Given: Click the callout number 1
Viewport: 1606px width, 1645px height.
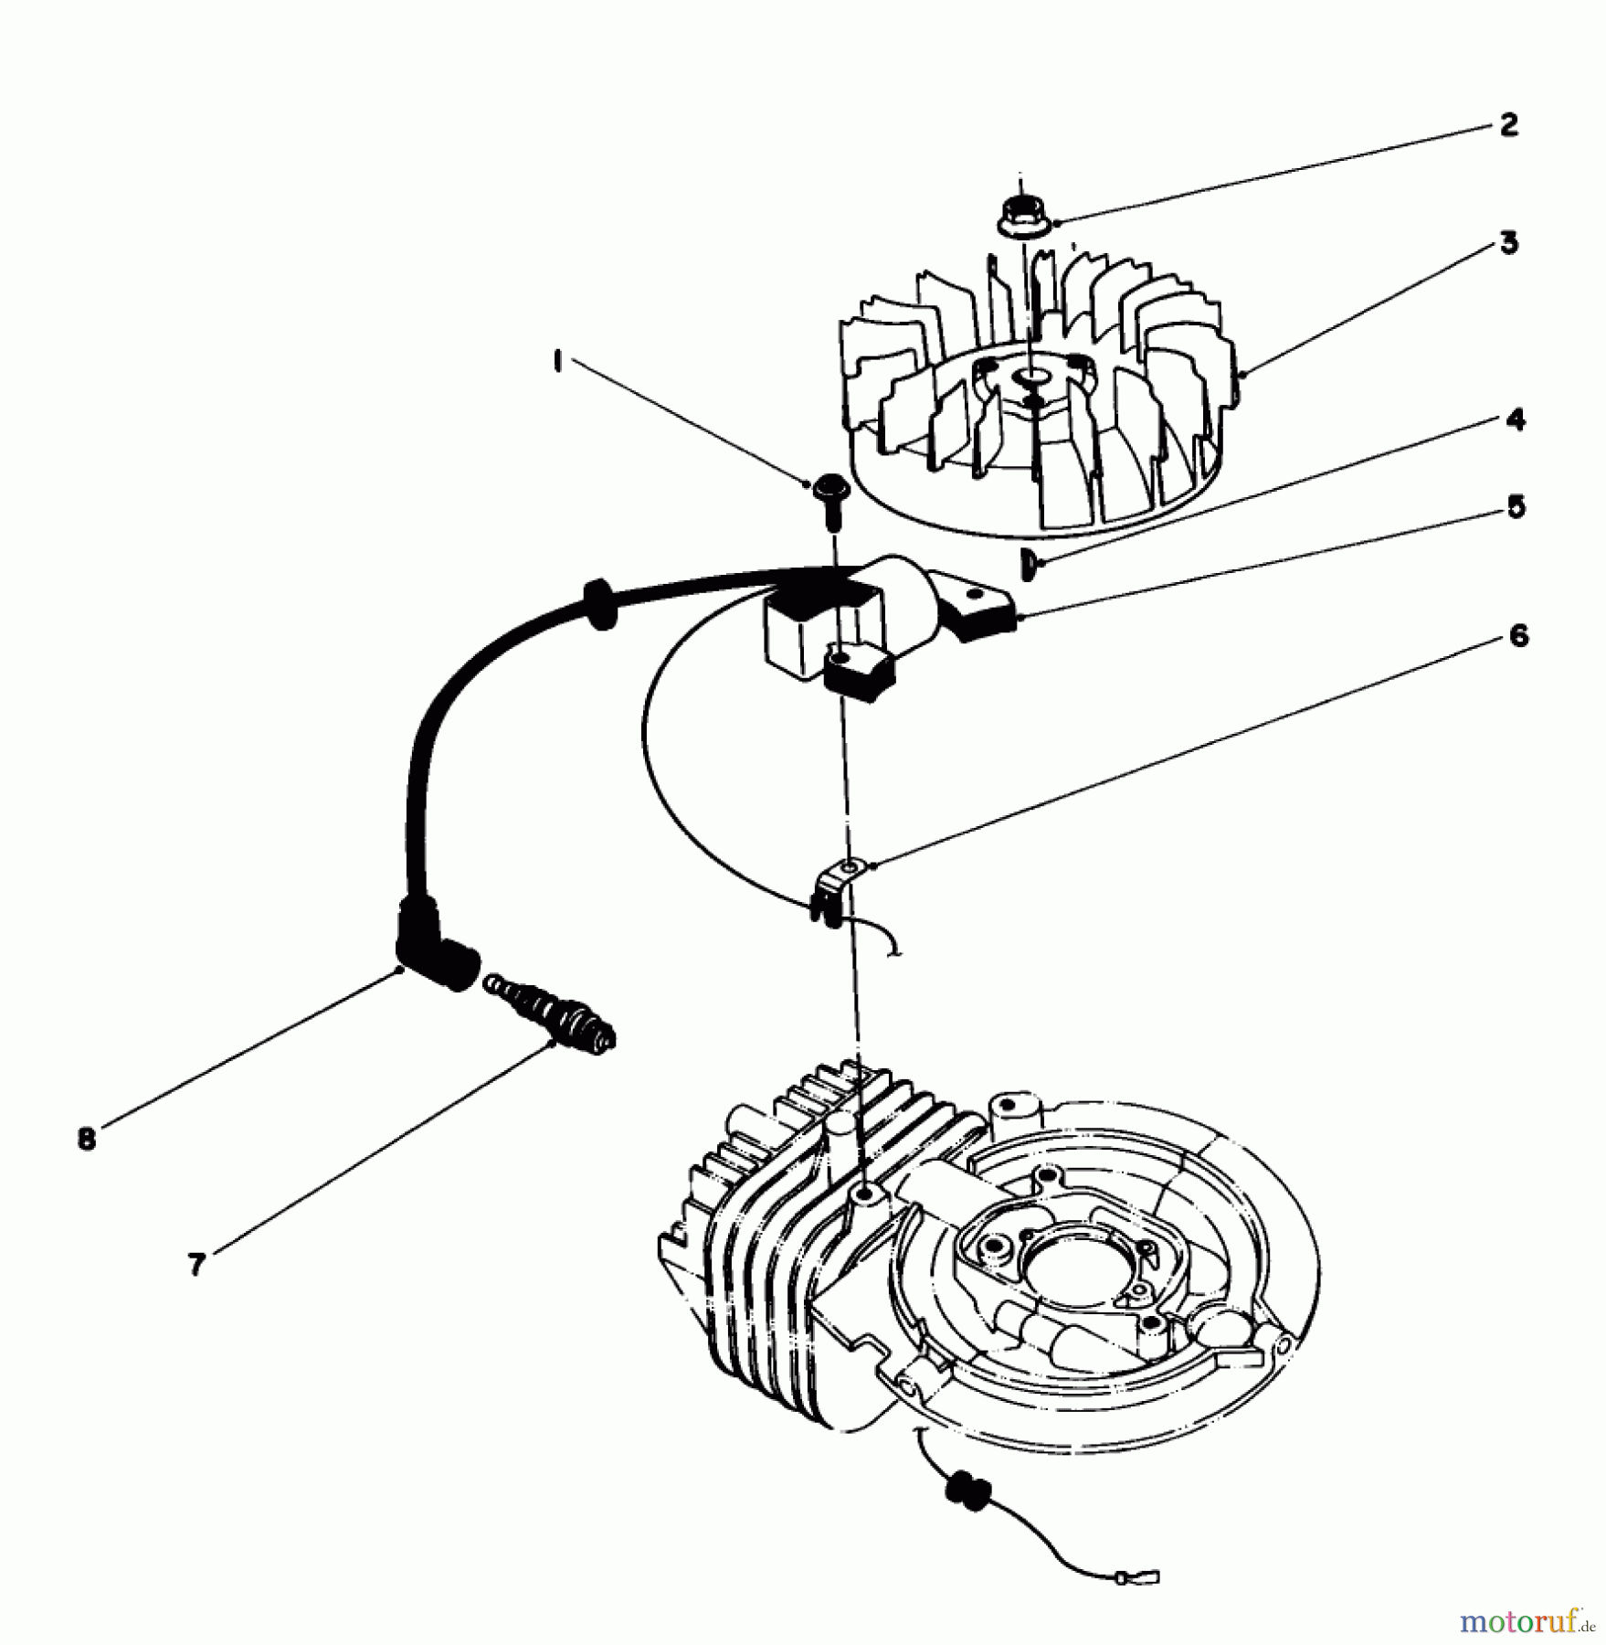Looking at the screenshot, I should point(555,363).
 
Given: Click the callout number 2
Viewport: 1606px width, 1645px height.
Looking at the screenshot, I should point(1508,125).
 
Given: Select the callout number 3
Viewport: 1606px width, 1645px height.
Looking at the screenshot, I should point(1509,244).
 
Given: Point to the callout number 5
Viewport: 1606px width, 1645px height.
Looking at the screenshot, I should point(1516,507).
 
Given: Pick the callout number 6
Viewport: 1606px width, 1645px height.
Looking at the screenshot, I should point(1517,636).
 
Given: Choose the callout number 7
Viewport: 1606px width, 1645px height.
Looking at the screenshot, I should point(195,1265).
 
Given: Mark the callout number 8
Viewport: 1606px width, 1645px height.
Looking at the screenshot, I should point(87,1140).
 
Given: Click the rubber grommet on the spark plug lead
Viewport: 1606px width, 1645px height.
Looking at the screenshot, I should point(597,602).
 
